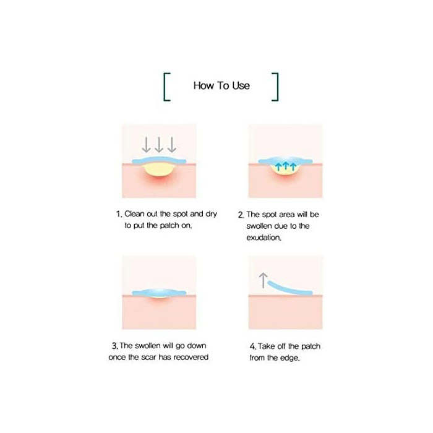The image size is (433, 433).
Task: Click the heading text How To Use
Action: pyautogui.click(x=221, y=85)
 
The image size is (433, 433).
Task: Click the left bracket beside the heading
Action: pyautogui.click(x=165, y=87)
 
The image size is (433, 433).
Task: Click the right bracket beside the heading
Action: pyautogui.click(x=277, y=87)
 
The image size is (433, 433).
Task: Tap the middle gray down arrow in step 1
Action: pyautogui.click(x=159, y=144)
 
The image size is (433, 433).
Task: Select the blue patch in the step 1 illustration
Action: pyautogui.click(x=160, y=161)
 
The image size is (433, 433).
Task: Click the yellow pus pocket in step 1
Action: pyautogui.click(x=158, y=171)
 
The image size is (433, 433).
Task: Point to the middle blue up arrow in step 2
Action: pyautogui.click(x=286, y=166)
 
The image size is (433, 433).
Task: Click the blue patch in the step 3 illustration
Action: pyautogui.click(x=160, y=293)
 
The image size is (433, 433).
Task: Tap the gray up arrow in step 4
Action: pyautogui.click(x=264, y=280)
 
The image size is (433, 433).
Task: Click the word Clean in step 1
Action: pyautogui.click(x=134, y=214)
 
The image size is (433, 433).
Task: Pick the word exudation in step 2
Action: pyautogui.click(x=264, y=238)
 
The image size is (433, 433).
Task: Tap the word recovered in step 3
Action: pyautogui.click(x=191, y=358)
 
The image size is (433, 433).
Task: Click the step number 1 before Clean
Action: pyautogui.click(x=119, y=214)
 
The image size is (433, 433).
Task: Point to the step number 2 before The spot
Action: pyautogui.click(x=241, y=215)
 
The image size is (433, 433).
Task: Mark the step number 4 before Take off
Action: pyautogui.click(x=253, y=346)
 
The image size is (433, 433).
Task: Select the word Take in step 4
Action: pyautogui.click(x=267, y=346)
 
